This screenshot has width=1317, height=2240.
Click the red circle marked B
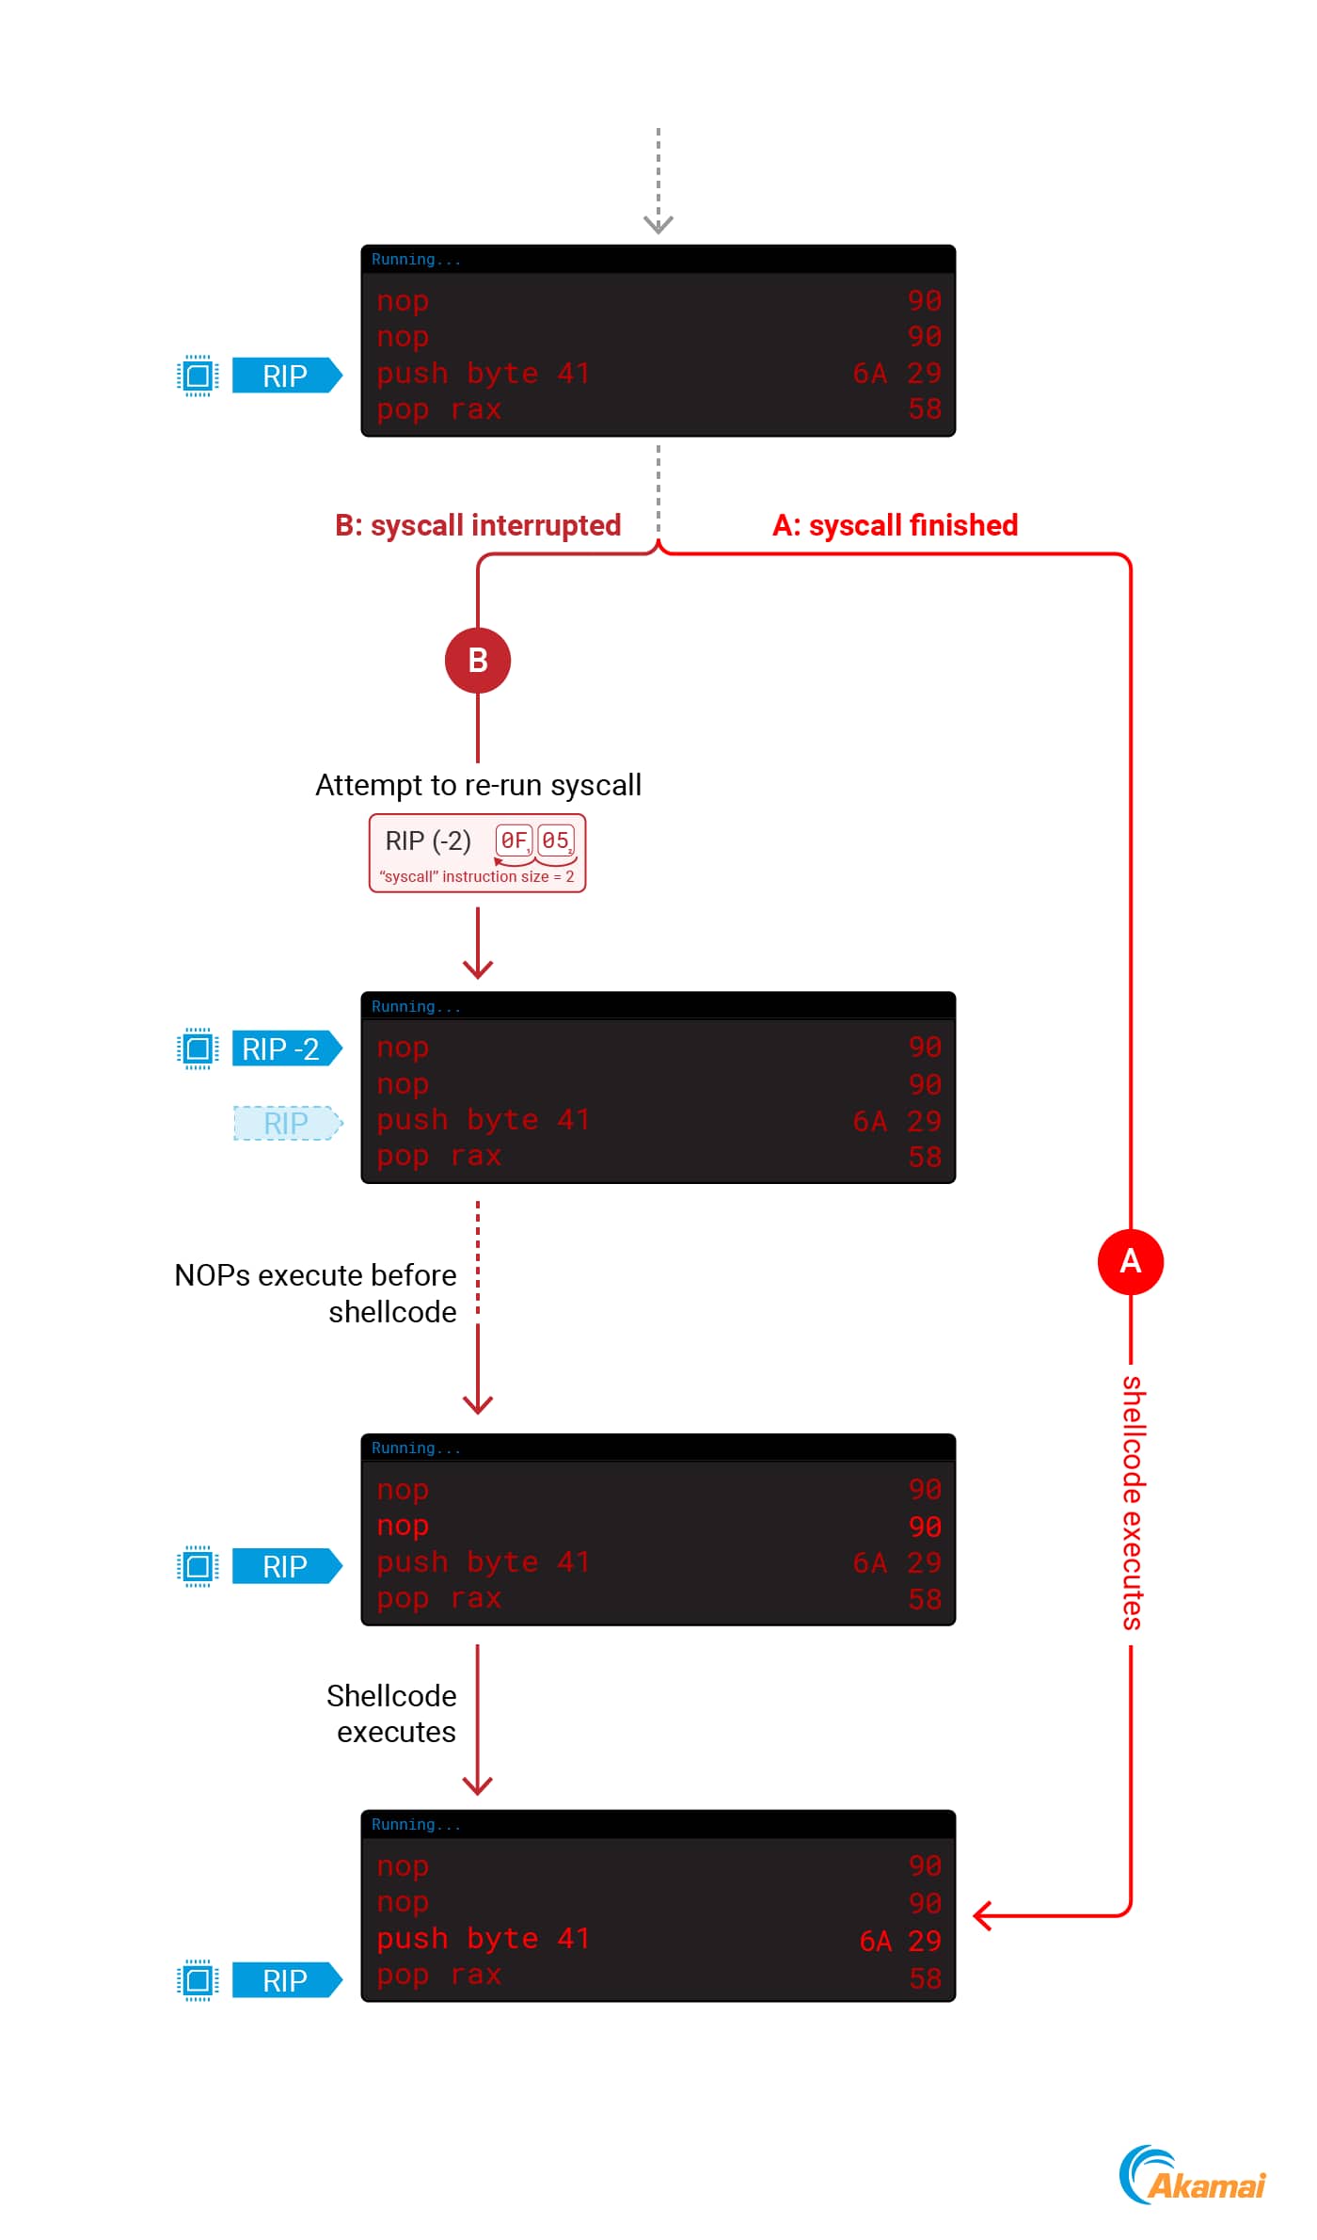click(478, 661)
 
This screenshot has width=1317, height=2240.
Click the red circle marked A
click(1130, 1261)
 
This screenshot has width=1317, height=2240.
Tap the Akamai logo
click(1192, 2176)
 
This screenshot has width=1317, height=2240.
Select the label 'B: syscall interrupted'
click(478, 525)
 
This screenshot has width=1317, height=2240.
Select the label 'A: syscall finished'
click(895, 525)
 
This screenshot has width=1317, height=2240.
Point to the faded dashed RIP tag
click(286, 1123)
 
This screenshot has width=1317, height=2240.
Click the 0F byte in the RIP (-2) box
click(514, 840)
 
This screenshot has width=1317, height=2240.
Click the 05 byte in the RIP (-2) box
click(555, 840)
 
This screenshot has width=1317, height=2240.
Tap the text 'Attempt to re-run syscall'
click(478, 785)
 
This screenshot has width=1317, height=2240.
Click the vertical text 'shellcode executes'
click(1131, 1502)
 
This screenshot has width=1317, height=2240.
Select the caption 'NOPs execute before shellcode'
click(316, 1293)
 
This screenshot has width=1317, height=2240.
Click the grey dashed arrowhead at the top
click(658, 224)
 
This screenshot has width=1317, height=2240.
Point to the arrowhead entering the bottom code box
click(983, 1915)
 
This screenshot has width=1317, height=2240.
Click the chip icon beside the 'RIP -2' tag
click(198, 1048)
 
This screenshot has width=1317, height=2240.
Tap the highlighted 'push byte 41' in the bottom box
click(483, 1939)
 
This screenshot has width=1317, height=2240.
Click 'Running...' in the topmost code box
click(416, 260)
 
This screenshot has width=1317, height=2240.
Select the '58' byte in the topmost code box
click(925, 409)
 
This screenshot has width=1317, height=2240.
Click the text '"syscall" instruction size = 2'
click(477, 876)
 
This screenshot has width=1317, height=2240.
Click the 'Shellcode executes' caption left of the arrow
click(392, 1713)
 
